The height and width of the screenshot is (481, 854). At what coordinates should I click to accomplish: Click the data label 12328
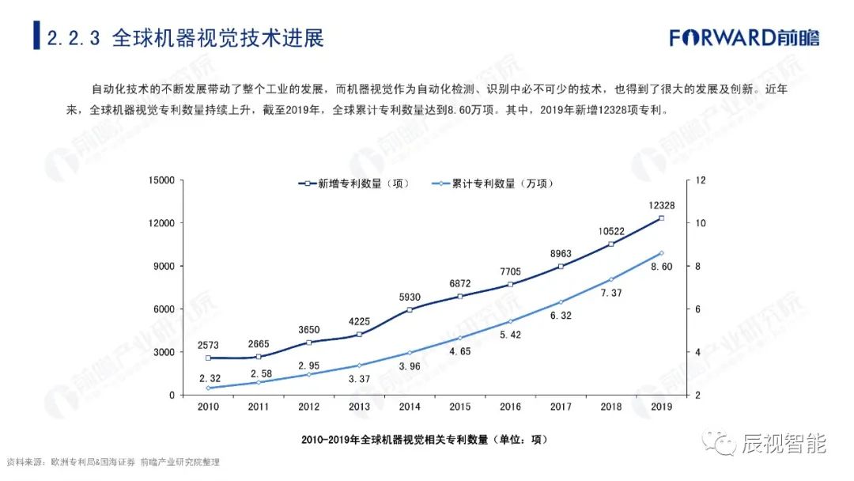coord(661,206)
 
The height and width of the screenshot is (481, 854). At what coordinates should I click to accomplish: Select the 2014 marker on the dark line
coord(410,309)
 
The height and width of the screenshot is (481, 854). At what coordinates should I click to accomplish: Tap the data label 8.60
coord(661,267)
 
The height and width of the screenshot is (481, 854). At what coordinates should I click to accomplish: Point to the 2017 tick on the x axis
coord(561,407)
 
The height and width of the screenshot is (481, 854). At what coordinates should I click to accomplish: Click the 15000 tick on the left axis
coord(161,180)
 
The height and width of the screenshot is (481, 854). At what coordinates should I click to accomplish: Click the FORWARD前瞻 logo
coord(744,37)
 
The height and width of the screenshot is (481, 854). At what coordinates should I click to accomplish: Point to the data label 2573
coord(208,345)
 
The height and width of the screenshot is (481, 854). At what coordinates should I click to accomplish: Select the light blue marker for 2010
coord(208,388)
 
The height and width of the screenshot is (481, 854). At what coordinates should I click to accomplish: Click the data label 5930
coord(410,297)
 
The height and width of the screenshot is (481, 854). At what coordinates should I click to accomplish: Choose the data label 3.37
coord(360,379)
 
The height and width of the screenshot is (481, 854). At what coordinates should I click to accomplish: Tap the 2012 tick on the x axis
coord(309,407)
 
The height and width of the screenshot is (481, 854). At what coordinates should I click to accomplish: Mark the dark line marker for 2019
coord(661,218)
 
